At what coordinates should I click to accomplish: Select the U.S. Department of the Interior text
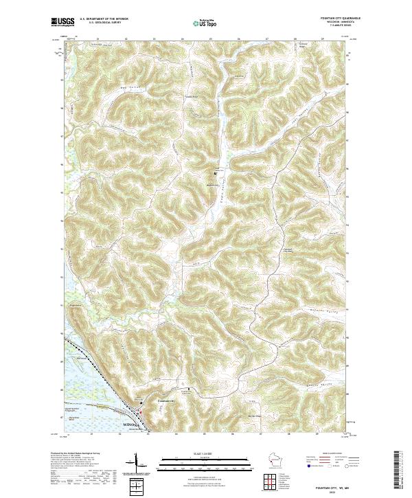(104, 19)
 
